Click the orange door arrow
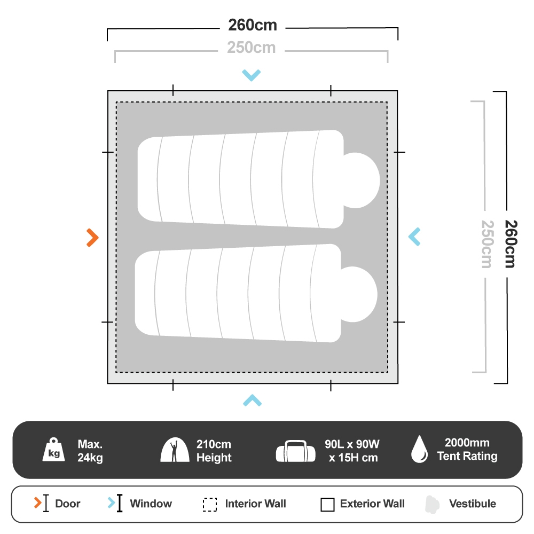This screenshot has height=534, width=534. click(x=93, y=238)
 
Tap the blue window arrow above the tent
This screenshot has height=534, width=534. click(x=251, y=75)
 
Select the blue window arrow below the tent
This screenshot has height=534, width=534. click(x=252, y=400)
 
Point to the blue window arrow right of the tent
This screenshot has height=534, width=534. click(x=414, y=237)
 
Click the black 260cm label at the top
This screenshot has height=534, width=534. click(x=253, y=25)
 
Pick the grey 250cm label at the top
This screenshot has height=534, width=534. click(x=252, y=48)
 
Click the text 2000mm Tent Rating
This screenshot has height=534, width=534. click(x=467, y=450)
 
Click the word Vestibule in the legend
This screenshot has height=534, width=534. click(x=472, y=504)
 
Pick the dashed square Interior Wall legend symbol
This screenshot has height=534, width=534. click(x=210, y=505)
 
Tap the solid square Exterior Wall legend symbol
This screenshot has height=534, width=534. click(x=327, y=505)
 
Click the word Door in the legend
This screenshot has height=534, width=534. click(x=68, y=504)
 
